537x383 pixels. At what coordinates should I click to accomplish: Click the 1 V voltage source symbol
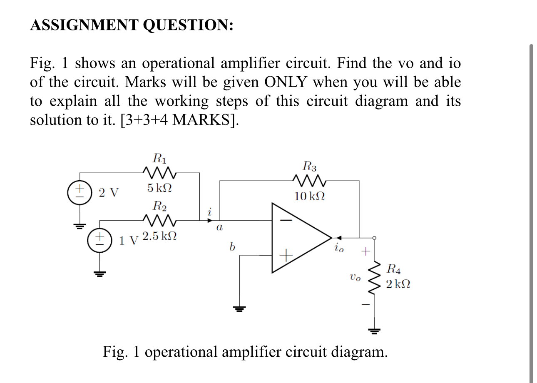pos(99,240)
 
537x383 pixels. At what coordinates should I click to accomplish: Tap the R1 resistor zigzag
pos(160,172)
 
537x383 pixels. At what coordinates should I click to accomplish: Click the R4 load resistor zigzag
pos(376,277)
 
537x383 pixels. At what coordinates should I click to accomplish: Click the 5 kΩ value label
pos(159,188)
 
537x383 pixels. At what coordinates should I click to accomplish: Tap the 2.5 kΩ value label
pos(159,236)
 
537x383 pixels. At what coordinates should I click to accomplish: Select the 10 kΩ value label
pos(309,196)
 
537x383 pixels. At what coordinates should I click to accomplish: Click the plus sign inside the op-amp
pos(286,254)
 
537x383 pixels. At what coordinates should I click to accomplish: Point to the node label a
pos(219,228)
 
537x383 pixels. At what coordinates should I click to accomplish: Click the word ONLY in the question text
pos(287,82)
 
